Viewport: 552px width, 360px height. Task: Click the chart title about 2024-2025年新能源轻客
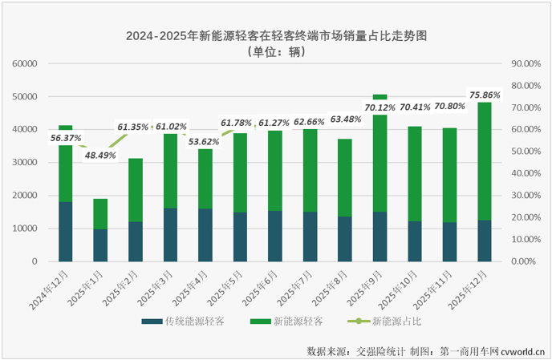[x=275, y=36]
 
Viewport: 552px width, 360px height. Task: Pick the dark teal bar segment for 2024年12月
[x=66, y=232]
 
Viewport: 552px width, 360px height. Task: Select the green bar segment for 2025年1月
[x=100, y=214]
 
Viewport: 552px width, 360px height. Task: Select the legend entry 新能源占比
[x=388, y=322]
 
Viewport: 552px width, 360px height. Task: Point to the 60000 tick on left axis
[x=26, y=63]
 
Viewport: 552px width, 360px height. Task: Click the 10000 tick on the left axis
[x=26, y=229]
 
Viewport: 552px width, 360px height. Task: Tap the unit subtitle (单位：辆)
[x=275, y=52]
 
